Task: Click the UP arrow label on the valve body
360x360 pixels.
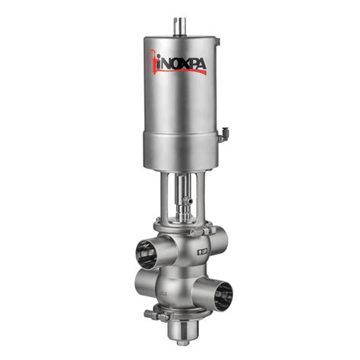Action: (204, 251)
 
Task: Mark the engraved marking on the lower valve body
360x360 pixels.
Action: (161, 292)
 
